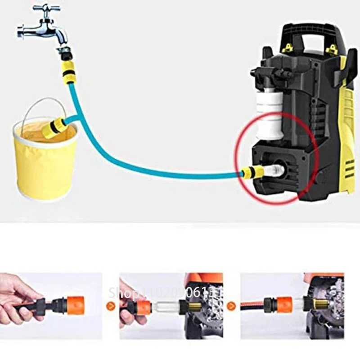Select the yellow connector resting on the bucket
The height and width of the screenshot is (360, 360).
point(53,127)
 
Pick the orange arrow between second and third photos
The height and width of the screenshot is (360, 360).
point(231,306)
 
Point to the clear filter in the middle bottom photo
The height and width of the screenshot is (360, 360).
point(167,307)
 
